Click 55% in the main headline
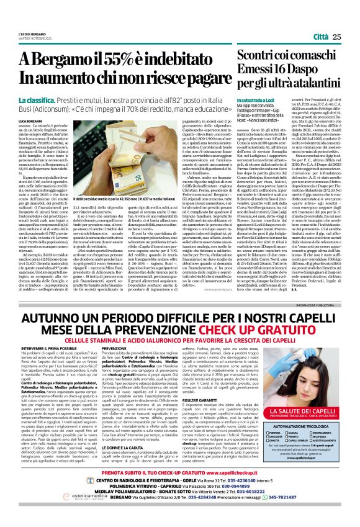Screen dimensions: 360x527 point(102,58)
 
